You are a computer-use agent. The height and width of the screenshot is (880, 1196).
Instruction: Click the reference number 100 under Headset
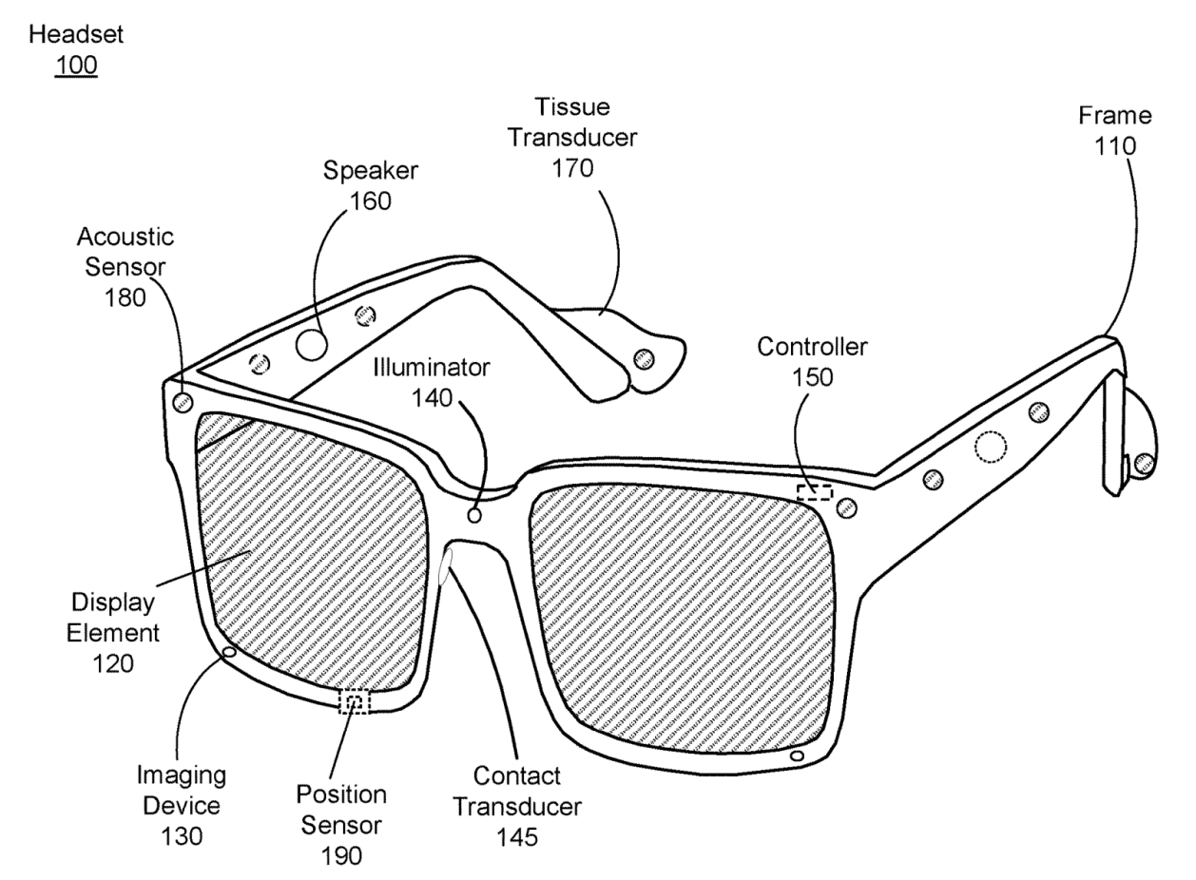click(77, 67)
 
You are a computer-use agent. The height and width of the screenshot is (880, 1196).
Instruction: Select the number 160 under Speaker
click(371, 201)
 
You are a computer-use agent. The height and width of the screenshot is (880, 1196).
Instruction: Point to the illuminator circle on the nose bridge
click(475, 515)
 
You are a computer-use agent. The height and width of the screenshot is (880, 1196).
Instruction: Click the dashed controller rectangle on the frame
click(814, 492)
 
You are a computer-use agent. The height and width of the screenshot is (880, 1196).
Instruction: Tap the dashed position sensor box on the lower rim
click(355, 702)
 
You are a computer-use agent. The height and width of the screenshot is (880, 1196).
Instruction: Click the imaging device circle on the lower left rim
click(228, 652)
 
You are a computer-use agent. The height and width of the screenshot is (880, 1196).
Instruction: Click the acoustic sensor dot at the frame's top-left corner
click(182, 401)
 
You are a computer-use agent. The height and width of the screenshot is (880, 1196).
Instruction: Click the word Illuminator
click(432, 366)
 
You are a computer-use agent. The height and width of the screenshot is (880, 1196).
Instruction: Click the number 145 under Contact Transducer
click(517, 837)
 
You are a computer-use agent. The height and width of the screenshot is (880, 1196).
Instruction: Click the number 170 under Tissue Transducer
click(571, 168)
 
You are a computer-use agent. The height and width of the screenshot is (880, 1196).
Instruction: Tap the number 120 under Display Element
click(113, 662)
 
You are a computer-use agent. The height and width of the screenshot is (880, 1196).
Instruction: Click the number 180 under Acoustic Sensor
click(126, 297)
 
